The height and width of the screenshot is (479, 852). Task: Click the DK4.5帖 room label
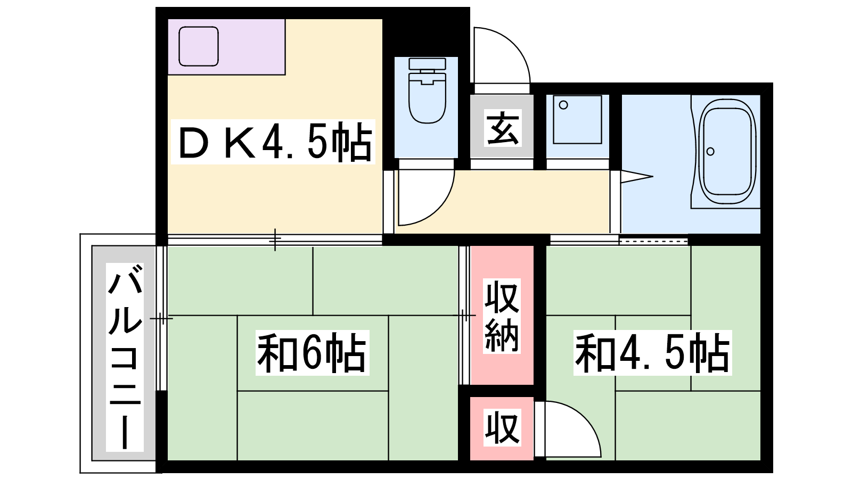(273, 142)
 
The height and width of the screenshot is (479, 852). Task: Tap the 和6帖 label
(312, 353)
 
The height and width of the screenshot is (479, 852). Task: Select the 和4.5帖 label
(653, 353)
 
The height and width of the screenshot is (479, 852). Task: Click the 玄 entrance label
(503, 128)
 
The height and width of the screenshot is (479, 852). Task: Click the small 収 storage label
(502, 427)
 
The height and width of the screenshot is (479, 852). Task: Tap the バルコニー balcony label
(125, 357)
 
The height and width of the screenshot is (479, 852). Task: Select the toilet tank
(427, 64)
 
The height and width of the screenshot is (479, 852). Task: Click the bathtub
(727, 151)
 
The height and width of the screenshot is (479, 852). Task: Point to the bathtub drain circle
(710, 151)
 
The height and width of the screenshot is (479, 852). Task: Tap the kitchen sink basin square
(199, 46)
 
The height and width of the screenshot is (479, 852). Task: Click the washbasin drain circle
(564, 105)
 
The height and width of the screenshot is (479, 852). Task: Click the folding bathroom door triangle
(637, 176)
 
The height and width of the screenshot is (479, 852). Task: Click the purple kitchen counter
(226, 47)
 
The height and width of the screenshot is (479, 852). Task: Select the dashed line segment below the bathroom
(653, 241)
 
